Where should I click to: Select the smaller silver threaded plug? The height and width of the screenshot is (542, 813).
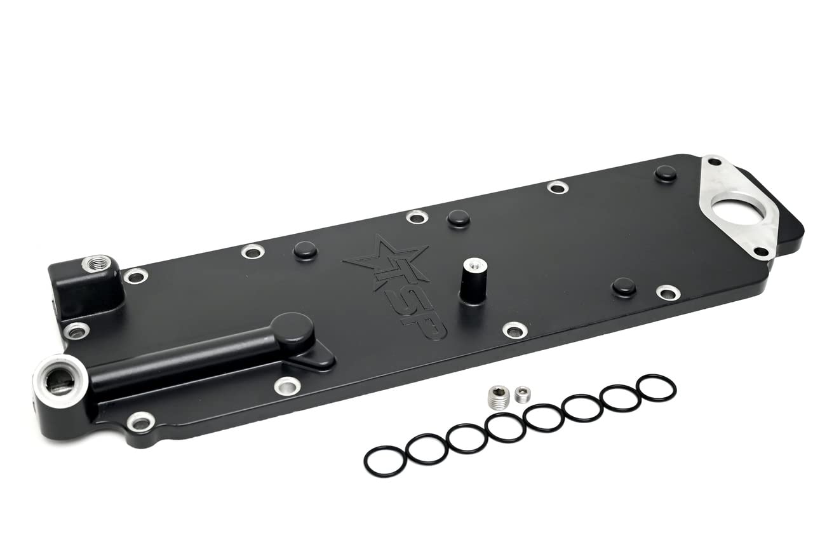pos(522,395)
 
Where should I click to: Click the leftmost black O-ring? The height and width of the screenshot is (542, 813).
pos(385,461)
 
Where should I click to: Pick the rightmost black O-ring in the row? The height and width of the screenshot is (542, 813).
pos(656,388)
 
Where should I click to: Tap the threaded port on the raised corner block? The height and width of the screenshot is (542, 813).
pos(97,262)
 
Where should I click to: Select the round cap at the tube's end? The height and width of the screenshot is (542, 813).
pos(293,328)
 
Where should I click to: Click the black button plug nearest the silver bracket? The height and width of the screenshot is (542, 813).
pos(666,173)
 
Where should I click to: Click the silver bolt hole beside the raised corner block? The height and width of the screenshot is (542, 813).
pos(135,276)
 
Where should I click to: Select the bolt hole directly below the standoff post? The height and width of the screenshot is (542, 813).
pos(514,330)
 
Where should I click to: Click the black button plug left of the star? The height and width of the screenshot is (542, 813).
pos(305,250)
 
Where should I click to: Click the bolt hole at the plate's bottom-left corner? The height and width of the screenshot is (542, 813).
pos(140,421)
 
